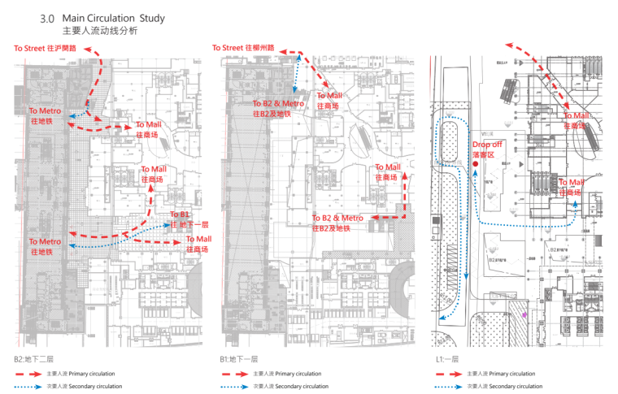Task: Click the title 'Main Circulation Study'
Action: click(x=124, y=18)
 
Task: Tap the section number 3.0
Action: click(x=46, y=18)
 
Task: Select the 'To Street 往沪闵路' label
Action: click(x=45, y=49)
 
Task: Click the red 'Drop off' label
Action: click(x=487, y=145)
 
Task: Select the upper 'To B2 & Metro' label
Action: click(x=278, y=104)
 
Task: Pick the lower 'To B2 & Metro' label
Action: click(x=337, y=219)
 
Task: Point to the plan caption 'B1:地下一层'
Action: click(x=238, y=358)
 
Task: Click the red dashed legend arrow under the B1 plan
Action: click(x=233, y=374)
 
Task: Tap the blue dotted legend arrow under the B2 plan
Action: click(x=27, y=386)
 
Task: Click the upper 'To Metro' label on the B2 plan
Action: click(x=45, y=110)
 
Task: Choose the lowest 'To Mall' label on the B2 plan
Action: click(x=198, y=240)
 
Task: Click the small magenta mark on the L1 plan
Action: click(x=524, y=313)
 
